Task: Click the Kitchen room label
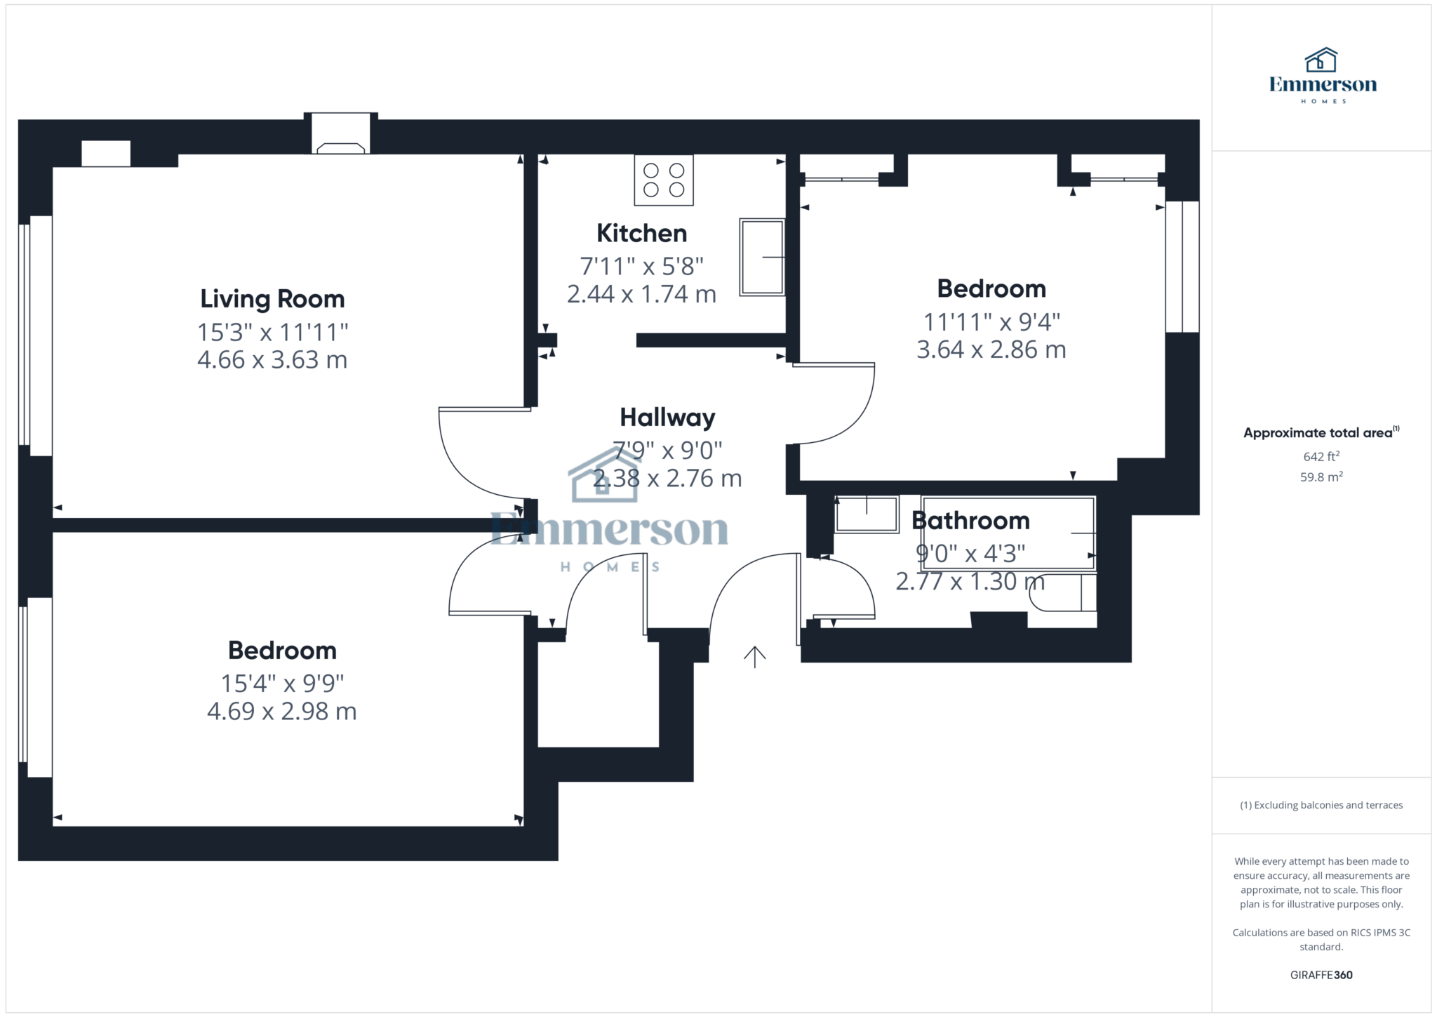pos(641,233)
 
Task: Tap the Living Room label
pos(272,299)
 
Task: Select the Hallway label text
pos(667,418)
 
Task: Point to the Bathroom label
pos(970,521)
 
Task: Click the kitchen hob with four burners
pos(664,180)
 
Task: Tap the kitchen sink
pos(762,257)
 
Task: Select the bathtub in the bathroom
pos(1009,533)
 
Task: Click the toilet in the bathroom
pos(1062,592)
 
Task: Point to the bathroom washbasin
pos(867,514)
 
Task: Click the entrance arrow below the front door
pos(754,657)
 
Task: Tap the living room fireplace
pos(340,133)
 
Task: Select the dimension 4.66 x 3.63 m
pos(272,360)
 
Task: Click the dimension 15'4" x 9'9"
pos(282,683)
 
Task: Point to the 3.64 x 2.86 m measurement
pos(991,350)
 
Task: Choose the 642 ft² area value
pos(1321,456)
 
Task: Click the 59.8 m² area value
pos(1321,477)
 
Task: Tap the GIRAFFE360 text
pos(1321,975)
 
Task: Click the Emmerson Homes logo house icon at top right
pos(1321,60)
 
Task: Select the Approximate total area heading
pos(1321,432)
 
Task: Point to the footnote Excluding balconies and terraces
pos(1321,805)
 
